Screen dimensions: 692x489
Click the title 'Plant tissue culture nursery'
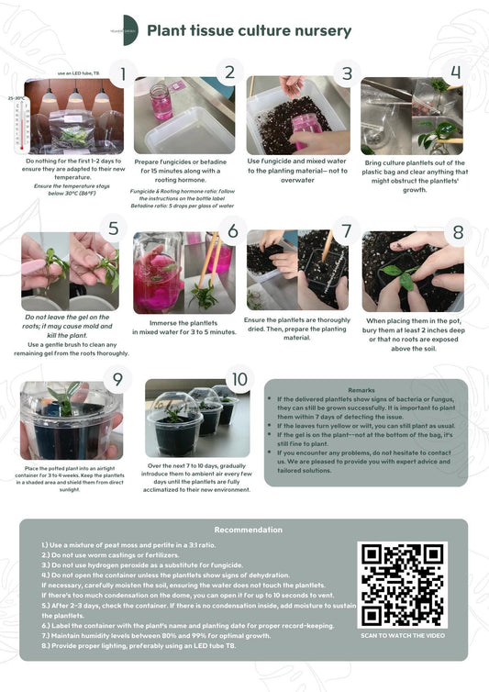coord(249,31)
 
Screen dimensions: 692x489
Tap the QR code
coord(403,585)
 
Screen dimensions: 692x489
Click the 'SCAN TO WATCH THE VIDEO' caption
coord(403,635)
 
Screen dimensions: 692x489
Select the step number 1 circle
coord(122,73)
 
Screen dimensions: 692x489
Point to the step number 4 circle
coord(456,73)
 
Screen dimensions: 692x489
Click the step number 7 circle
coord(346,231)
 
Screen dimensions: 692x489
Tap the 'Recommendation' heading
coord(248,530)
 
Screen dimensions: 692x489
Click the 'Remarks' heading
coord(361,390)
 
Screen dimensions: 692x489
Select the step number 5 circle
coord(114,229)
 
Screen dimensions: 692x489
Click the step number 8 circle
coord(458,231)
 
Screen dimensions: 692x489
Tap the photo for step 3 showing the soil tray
coord(294,117)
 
